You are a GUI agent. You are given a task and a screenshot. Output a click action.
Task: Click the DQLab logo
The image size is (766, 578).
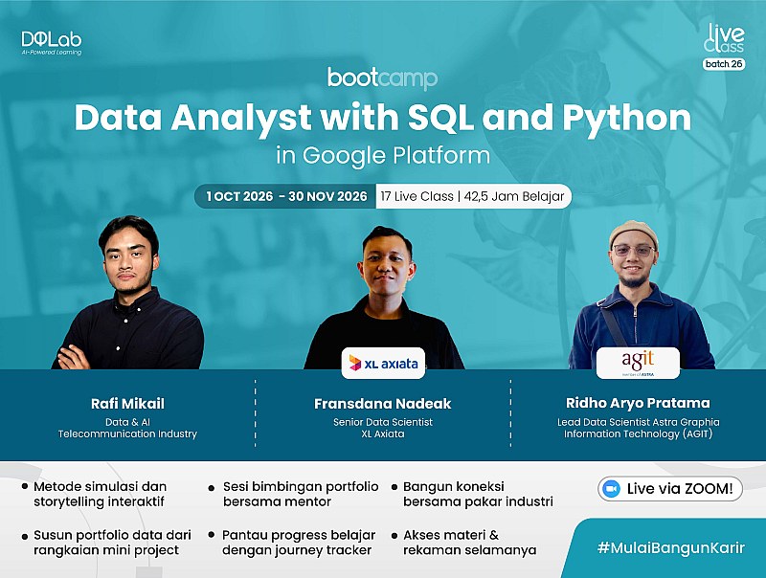(52, 43)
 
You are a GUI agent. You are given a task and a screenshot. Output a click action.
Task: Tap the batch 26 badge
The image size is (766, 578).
(724, 64)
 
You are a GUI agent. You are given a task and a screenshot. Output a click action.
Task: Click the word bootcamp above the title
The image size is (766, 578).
(382, 78)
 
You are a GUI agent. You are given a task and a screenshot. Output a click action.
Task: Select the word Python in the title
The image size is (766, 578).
(627, 119)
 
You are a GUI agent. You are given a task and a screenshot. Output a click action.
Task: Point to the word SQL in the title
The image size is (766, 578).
(440, 118)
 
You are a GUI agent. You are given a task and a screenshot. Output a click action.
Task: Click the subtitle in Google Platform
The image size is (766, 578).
(383, 156)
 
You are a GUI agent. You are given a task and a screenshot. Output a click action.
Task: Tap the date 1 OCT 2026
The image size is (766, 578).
(239, 196)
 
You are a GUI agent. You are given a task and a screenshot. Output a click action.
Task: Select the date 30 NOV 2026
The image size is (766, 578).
(327, 196)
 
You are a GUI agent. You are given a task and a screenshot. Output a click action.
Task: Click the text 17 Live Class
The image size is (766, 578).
(417, 196)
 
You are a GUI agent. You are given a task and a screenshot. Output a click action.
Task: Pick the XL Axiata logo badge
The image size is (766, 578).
(383, 364)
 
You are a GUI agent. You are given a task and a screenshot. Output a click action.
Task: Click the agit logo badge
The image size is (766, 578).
(638, 364)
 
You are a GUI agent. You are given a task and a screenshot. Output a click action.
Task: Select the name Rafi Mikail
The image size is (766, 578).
(127, 404)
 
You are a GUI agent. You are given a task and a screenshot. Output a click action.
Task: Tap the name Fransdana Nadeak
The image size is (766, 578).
(382, 404)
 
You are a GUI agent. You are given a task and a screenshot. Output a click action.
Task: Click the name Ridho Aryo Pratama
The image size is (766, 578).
(638, 403)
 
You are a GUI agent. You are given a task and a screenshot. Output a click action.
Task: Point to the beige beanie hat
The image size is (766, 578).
(633, 233)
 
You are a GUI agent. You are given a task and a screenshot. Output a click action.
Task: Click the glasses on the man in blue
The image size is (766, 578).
(633, 251)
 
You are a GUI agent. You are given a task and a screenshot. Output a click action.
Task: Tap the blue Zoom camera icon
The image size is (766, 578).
(611, 489)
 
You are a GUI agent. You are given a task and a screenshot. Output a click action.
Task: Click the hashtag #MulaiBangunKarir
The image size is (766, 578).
(671, 547)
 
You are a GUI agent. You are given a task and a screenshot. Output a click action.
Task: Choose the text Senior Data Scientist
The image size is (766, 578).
(382, 422)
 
